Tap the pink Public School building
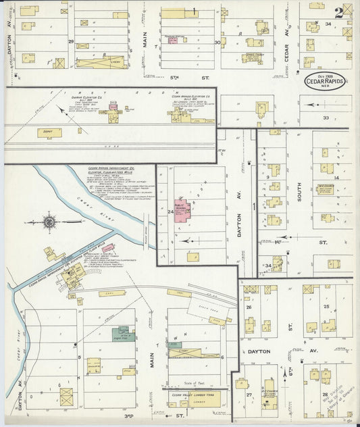pos(181,214)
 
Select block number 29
pos(71,42)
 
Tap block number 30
pos(217,42)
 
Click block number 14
pos(335,177)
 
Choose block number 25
pos(326,307)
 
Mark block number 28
pos(326,394)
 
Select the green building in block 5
pos(124,334)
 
